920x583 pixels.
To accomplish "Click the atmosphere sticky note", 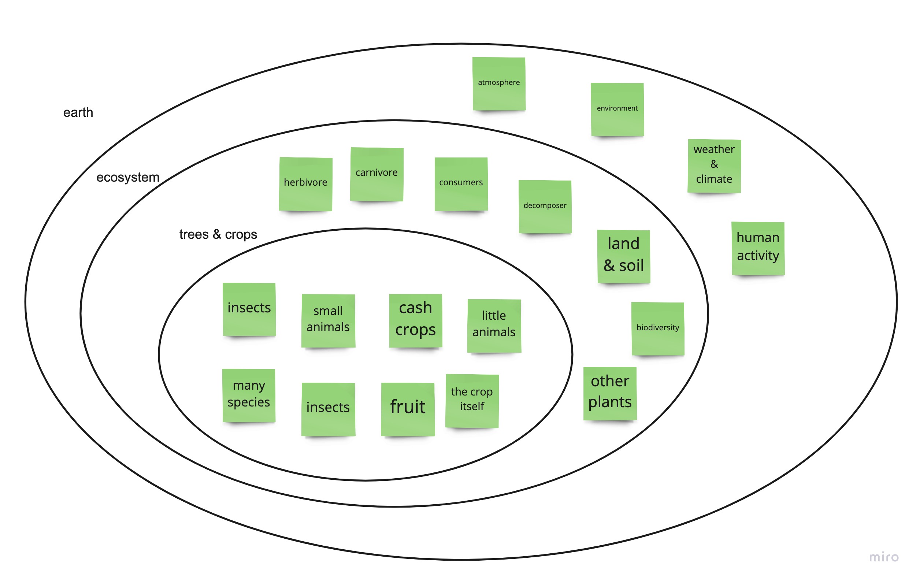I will point(498,83).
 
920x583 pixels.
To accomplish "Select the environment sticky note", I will point(617,109).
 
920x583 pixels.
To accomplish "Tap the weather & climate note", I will point(714,166).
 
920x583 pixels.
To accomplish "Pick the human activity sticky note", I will point(758,248).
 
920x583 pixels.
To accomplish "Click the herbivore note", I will point(306,184).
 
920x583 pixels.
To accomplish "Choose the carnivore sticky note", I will point(377,174).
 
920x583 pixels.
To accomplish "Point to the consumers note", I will point(461,184).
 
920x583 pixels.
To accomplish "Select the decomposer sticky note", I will point(545,207).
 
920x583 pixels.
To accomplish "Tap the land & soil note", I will point(623,256).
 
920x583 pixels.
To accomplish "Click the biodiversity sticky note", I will point(657,328).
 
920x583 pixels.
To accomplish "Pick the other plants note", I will point(610,394).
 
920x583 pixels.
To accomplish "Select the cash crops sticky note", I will point(416,320).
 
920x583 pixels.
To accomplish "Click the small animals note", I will point(328,320).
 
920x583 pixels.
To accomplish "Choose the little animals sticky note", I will point(494,326).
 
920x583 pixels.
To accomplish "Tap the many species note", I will point(249,396).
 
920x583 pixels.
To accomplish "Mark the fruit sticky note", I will point(408,409).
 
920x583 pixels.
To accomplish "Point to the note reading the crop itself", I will point(472,401).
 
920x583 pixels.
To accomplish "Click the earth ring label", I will point(78,113).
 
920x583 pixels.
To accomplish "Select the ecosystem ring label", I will point(127,177).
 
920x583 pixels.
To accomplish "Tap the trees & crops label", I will point(218,234).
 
